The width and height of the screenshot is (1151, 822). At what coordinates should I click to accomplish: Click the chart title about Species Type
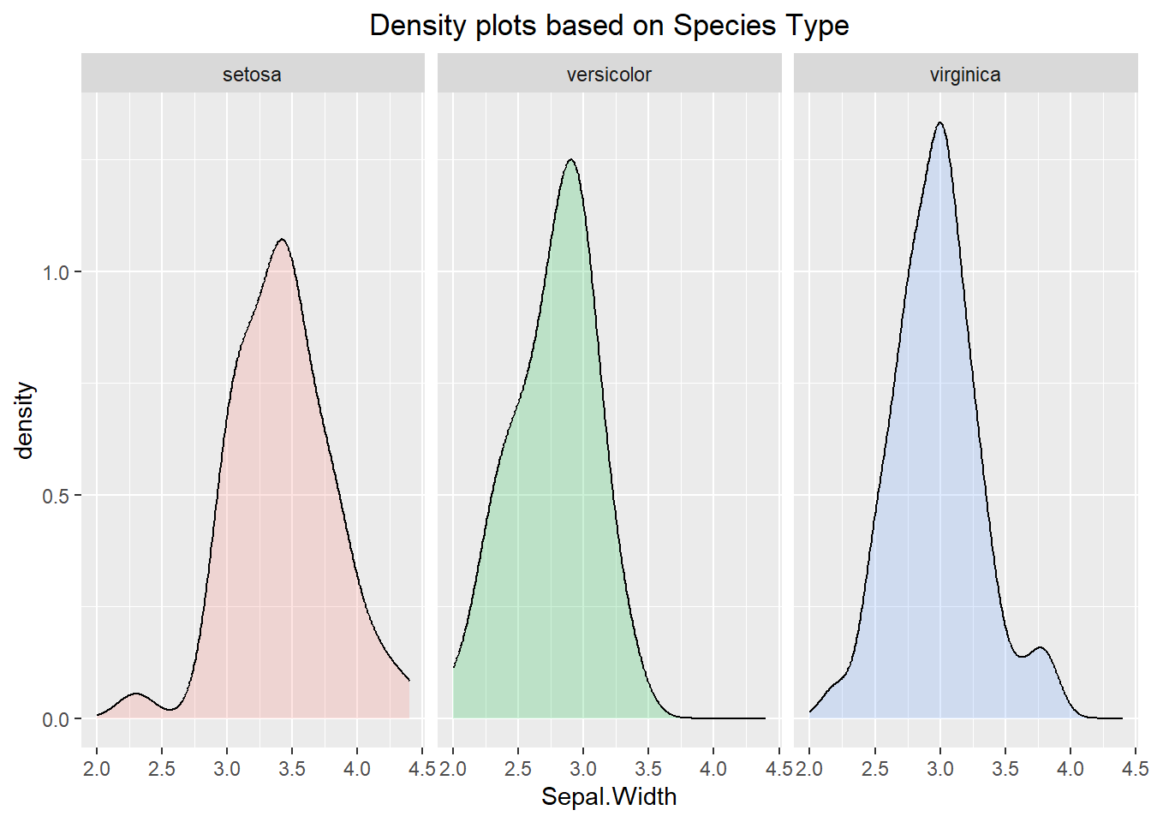coord(609,26)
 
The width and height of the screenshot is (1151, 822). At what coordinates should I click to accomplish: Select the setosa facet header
coord(252,74)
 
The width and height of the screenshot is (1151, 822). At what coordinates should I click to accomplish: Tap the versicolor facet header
coord(609,74)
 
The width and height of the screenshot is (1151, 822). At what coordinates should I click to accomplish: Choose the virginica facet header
coord(965,74)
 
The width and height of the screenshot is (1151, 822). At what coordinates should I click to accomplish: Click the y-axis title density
coord(25,420)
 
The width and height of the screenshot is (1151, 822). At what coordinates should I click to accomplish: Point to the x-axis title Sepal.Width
coord(609,796)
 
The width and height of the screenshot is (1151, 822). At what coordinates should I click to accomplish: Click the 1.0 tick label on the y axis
coord(56,272)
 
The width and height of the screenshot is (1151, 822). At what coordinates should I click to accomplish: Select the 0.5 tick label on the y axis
coord(56,496)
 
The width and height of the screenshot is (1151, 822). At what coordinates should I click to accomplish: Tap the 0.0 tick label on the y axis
coord(56,719)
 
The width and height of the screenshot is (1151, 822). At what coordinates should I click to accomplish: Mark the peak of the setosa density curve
coord(282,240)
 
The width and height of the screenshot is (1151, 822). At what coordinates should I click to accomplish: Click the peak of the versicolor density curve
coord(570,160)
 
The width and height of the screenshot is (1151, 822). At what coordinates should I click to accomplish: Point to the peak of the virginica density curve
coord(940,123)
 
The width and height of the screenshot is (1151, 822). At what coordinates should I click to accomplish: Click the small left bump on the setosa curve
coord(135,694)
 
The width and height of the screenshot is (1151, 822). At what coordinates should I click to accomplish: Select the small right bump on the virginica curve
coord(1041,648)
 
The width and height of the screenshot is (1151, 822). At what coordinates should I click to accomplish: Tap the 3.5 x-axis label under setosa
coord(292,768)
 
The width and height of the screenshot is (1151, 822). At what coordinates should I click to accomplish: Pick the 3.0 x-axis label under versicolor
coord(583,768)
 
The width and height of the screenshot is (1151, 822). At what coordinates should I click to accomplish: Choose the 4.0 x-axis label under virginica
coord(1070,768)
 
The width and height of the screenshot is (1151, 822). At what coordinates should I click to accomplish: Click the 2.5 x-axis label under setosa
coord(161,768)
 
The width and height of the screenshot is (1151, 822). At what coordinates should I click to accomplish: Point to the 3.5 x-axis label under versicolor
coord(648,768)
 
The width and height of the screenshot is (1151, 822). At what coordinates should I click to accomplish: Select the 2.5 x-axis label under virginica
coord(874,768)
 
